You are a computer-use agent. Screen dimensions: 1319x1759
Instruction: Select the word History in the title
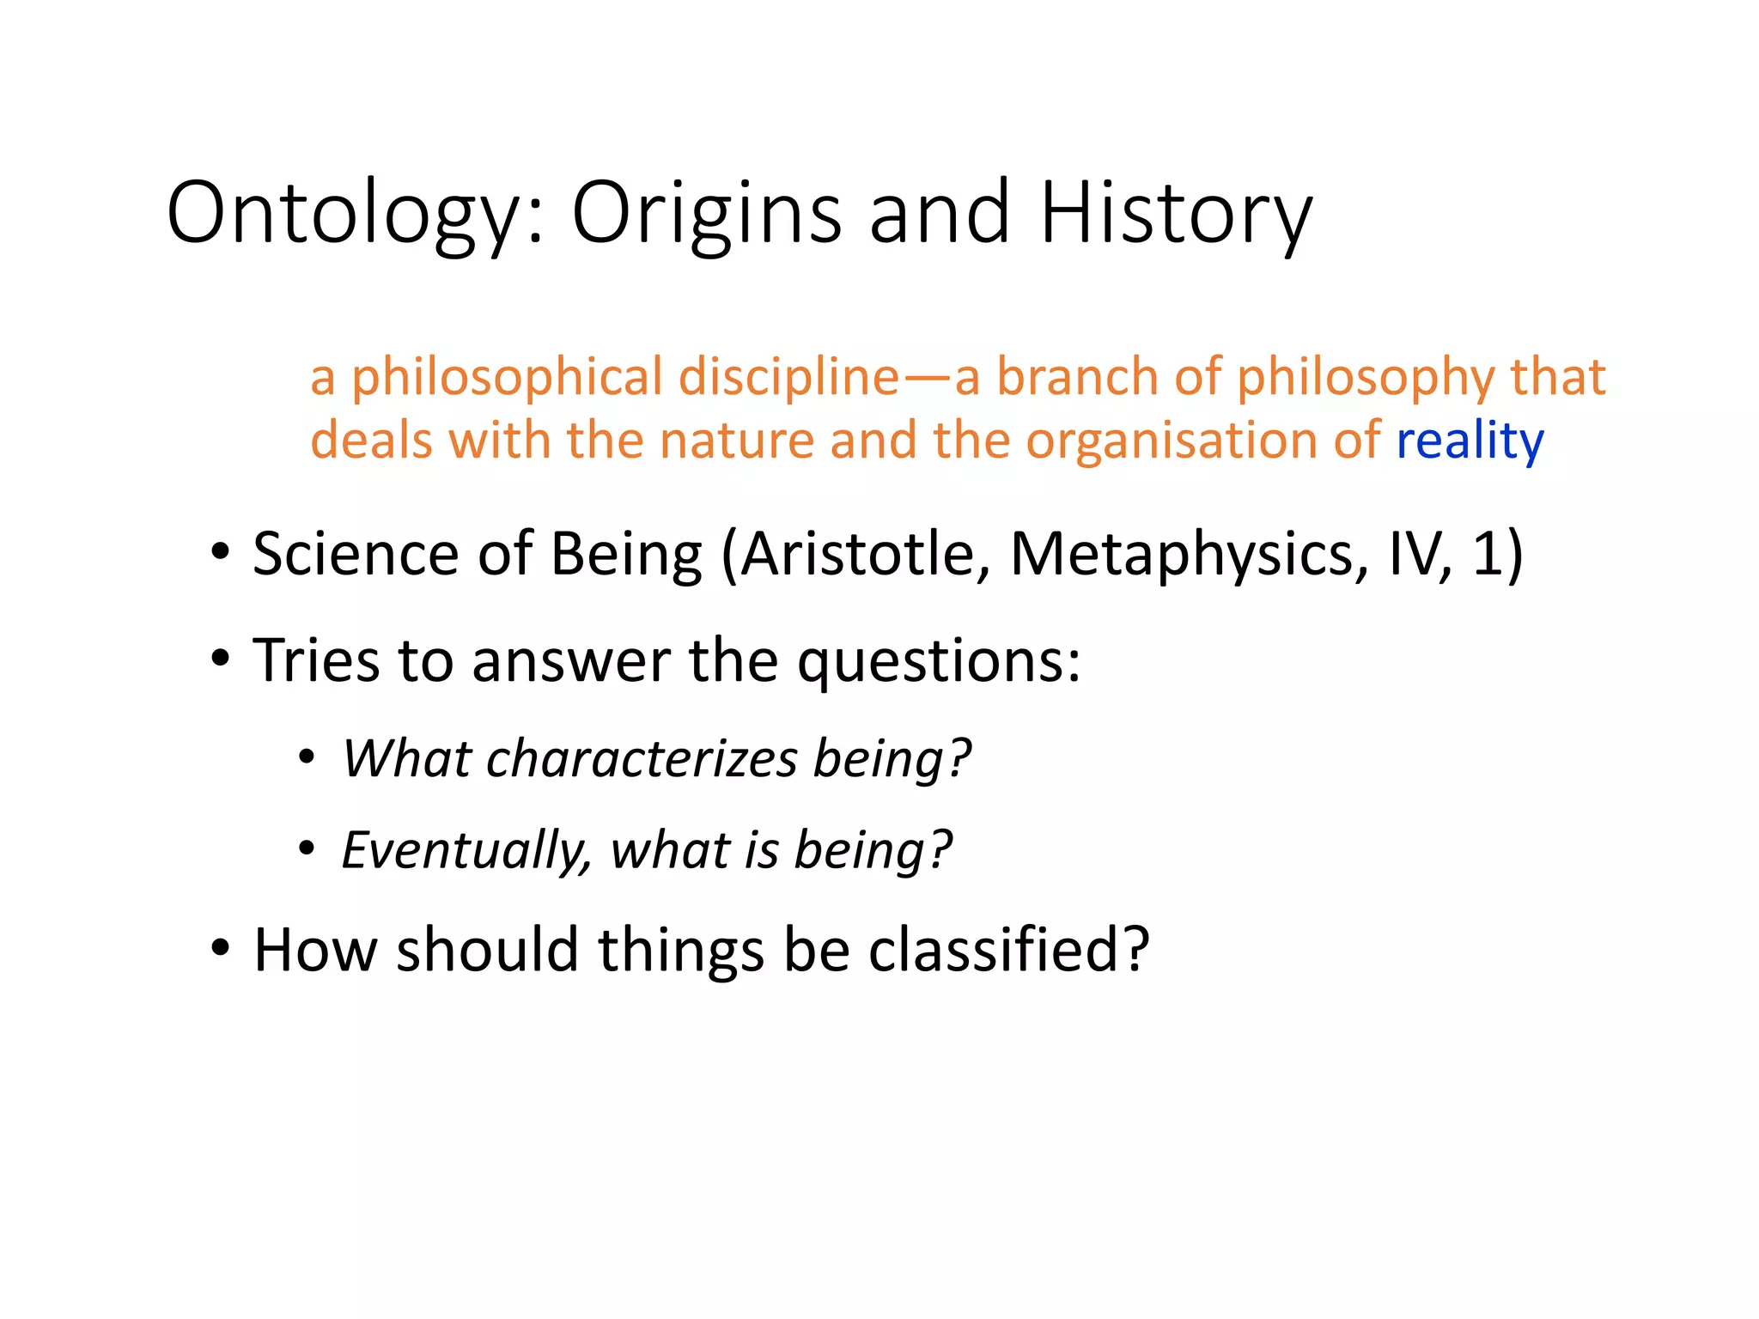(1176, 213)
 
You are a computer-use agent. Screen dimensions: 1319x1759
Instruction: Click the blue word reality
(1470, 441)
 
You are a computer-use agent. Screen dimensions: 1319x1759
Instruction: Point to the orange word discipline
(788, 377)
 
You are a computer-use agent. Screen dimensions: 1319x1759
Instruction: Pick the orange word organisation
(1172, 441)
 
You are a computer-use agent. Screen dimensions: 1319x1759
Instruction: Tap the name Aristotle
(859, 554)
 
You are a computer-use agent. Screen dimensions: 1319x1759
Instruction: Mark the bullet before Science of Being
(221, 552)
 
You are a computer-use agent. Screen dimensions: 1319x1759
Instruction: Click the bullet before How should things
(221, 948)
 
